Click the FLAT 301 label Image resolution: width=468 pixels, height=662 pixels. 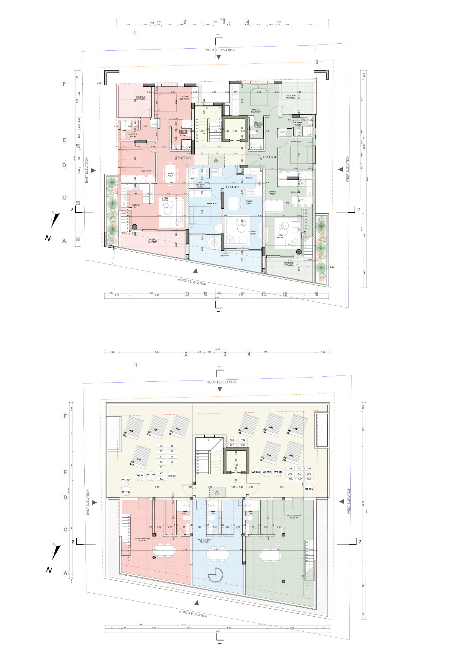pyautogui.click(x=184, y=158)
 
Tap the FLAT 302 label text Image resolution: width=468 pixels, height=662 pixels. pyautogui.click(x=232, y=187)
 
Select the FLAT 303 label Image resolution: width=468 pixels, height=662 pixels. pyautogui.click(x=269, y=157)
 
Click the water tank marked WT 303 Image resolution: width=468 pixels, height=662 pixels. pyautogui.click(x=308, y=490)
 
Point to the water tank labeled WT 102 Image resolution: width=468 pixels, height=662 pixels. pyautogui.click(x=126, y=492)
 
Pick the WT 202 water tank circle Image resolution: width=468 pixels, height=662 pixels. pyautogui.click(x=172, y=476)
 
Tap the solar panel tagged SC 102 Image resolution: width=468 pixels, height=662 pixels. pyautogui.click(x=141, y=457)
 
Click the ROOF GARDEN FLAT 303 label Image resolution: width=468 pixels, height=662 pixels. pyautogui.click(x=294, y=517)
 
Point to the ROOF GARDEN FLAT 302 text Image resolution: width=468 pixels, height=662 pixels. pyautogui.click(x=204, y=541)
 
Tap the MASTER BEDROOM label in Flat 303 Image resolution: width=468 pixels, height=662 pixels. pyautogui.click(x=256, y=111)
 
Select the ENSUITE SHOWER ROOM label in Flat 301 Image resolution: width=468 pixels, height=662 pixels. pyautogui.click(x=183, y=133)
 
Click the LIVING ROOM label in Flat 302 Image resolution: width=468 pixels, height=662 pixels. pyautogui.click(x=252, y=233)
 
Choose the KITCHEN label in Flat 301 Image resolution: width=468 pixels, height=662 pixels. pyautogui.click(x=136, y=205)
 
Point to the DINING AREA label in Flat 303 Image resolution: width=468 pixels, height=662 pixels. pyautogui.click(x=272, y=193)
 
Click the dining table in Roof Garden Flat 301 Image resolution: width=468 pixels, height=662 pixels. pyautogui.click(x=165, y=550)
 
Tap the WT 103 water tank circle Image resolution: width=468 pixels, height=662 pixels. pyautogui.click(x=267, y=472)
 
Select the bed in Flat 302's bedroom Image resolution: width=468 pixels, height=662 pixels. pyautogui.click(x=201, y=215)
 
